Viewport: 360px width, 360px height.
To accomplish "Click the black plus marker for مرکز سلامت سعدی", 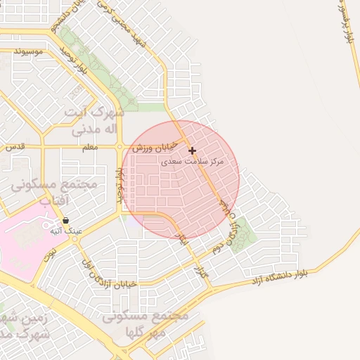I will click(x=192, y=150).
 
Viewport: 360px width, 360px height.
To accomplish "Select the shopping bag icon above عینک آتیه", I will click(x=65, y=221).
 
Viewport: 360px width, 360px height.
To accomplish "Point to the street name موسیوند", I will click(x=28, y=51).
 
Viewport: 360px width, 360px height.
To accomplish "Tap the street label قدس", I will click(x=15, y=147).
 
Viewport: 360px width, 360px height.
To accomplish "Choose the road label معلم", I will click(x=89, y=147).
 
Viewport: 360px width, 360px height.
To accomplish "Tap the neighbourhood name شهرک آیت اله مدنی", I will click(x=94, y=121).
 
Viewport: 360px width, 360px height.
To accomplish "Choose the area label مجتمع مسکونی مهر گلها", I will click(x=145, y=323).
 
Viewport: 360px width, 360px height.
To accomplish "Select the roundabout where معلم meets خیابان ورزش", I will click(x=120, y=147).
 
